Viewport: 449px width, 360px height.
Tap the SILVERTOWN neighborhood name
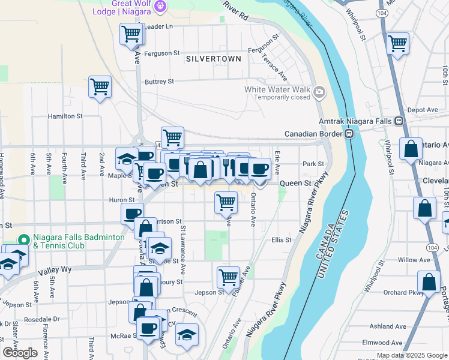tap(214, 59)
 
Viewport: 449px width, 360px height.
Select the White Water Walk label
tap(276, 89)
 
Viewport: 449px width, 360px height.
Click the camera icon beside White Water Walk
tap(319, 92)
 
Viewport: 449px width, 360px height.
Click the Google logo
tap(20, 353)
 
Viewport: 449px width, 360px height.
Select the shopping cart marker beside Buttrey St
tap(100, 86)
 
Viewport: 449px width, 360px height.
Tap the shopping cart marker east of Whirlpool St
tap(397, 43)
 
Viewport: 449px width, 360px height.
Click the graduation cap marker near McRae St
tap(187, 334)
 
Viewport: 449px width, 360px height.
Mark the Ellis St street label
tap(281, 240)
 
